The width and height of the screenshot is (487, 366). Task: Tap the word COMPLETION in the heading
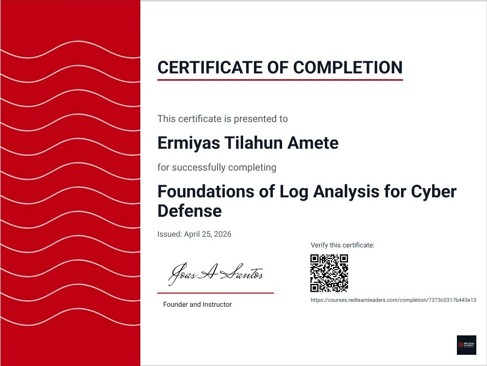point(348,67)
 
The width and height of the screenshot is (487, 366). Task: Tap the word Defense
point(189,211)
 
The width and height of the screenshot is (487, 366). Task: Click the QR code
point(330,273)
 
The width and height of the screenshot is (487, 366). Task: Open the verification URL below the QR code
point(393,300)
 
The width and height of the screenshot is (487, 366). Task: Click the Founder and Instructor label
point(197,305)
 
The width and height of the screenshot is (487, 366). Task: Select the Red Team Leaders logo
point(467,345)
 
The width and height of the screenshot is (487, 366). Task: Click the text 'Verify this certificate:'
point(342,245)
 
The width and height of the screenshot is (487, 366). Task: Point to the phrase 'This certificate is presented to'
point(222,119)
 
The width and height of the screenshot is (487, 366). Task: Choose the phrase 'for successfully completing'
point(217,168)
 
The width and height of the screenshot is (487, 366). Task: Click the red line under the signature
point(215,293)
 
